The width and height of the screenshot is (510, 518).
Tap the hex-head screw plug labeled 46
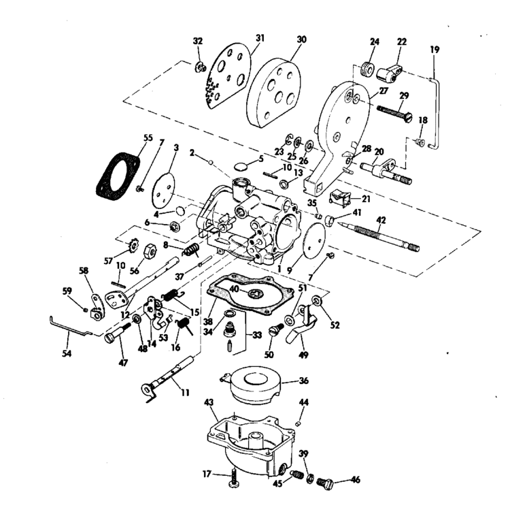click(x=327, y=483)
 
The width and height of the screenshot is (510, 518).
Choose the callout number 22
click(x=402, y=42)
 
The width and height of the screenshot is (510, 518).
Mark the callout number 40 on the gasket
click(x=233, y=289)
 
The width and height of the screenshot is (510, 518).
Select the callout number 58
click(x=84, y=271)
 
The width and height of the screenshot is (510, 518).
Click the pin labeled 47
click(x=118, y=336)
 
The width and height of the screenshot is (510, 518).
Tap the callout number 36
click(x=304, y=381)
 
